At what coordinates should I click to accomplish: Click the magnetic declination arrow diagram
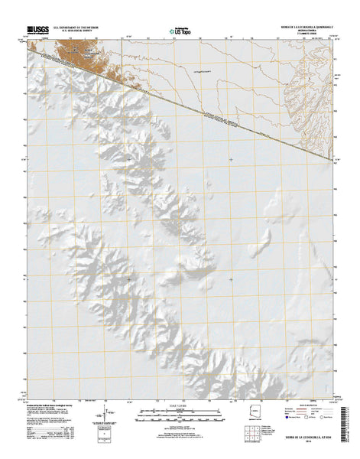coord(97,419)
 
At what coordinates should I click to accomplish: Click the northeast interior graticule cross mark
coord(232,160)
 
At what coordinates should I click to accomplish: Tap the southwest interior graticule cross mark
coord(128,279)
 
